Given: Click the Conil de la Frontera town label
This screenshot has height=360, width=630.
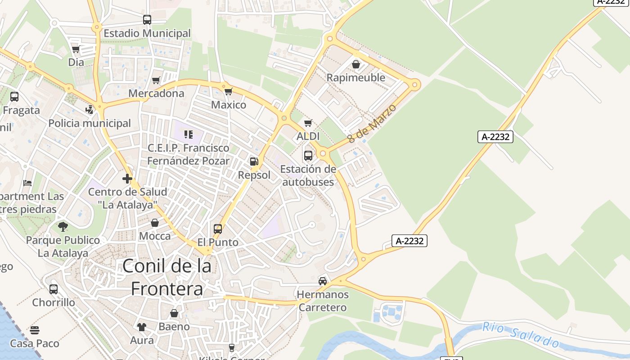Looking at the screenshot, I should point(166,277).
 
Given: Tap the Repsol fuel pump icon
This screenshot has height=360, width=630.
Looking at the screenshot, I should point(254,162).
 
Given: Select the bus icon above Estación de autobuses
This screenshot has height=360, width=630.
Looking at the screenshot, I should point(308,156).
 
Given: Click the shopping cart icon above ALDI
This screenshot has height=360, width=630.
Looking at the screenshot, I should point(308,123).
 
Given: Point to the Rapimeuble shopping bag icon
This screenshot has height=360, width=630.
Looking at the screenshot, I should point(356,64).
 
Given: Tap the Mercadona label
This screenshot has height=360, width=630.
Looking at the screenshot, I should point(156,93).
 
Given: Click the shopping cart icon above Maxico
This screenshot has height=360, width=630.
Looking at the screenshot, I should point(229,91).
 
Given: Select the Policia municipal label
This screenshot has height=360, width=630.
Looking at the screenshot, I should point(90,123).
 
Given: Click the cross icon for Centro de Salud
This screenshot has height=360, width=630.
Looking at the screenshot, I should point(127,179).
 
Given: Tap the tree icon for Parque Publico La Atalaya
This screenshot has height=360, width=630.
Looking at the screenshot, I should point(63,226).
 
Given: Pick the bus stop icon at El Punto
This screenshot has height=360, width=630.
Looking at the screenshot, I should point(218,229).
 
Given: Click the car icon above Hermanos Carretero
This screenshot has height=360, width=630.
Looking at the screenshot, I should point(323,281).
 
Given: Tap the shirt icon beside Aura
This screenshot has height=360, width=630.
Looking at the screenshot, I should point(142,327).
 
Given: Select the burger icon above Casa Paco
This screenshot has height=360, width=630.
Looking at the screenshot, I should point(35,330).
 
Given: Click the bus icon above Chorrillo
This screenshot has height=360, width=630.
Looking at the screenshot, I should point(54,289).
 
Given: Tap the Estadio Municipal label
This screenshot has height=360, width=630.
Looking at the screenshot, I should point(147,33).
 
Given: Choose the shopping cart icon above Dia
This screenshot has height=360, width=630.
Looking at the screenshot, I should point(76,49).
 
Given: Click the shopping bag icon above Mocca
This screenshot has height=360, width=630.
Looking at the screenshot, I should point(155,223).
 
